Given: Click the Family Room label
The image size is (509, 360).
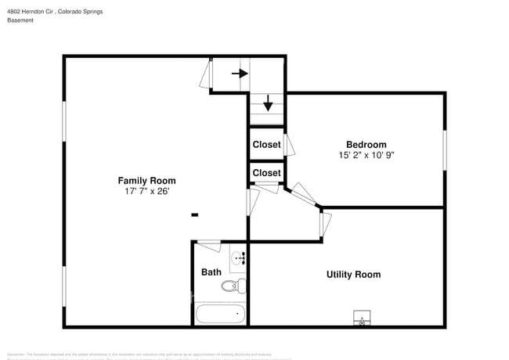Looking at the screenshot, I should click(146, 181).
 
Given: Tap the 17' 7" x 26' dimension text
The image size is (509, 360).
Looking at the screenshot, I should click(146, 191).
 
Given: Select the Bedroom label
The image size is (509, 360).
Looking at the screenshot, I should click(366, 145).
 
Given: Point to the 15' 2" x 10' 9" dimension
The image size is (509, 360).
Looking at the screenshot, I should click(366, 155).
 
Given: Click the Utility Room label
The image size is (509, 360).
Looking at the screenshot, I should click(353, 275).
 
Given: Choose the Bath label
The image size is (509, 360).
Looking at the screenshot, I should click(211, 272).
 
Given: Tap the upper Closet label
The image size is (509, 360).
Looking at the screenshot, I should click(266, 145).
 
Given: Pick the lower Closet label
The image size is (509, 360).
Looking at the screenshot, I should click(266, 173).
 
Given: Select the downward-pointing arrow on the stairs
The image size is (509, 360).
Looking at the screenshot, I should click(267, 103).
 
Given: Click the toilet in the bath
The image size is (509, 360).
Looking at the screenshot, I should click(233, 286).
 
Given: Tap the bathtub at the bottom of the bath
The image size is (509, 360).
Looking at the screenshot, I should click(220, 315).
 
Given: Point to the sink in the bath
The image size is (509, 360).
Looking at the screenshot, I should click(238, 257).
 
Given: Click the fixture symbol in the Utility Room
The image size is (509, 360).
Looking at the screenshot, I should click(362, 319).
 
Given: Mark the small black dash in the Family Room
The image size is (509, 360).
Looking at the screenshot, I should click(194, 214).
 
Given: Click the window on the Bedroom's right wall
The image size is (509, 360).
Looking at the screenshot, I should click(445, 150).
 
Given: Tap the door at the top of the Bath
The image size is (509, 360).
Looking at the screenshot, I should click(208, 244).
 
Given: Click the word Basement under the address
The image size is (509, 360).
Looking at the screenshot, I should click(20, 20).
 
